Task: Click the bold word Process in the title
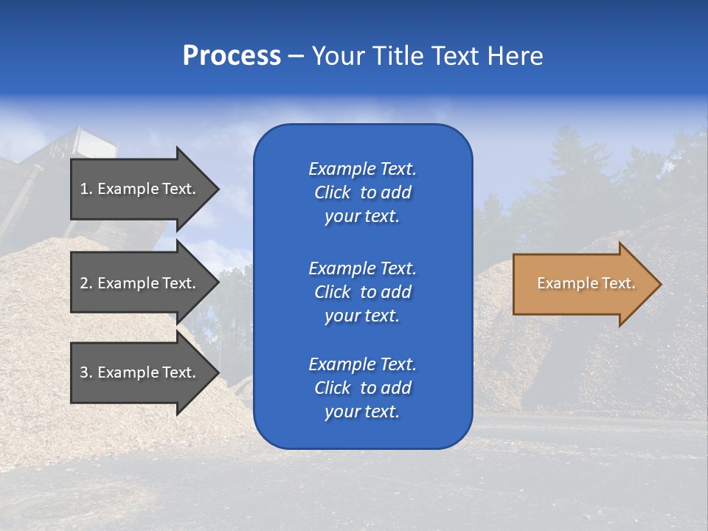232,56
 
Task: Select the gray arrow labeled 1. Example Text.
140,189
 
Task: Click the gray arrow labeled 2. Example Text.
140,283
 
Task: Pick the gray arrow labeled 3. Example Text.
140,372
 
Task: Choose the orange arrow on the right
583,284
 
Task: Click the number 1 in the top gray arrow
84,189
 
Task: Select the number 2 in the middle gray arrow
84,283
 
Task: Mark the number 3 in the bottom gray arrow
84,372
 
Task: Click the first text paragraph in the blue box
362,192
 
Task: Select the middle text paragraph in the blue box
362,292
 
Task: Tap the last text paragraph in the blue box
362,388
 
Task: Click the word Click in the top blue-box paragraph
332,192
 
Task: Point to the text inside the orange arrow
586,283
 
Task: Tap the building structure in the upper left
44,184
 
